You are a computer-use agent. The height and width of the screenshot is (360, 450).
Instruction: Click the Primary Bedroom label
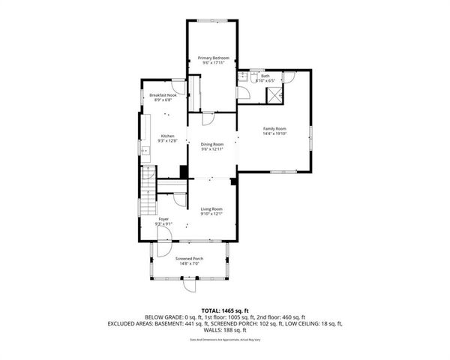213,58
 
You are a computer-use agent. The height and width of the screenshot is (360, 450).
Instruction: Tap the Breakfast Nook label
163,96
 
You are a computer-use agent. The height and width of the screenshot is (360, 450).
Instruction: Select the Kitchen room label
166,136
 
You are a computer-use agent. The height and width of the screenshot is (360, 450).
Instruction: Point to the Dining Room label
212,144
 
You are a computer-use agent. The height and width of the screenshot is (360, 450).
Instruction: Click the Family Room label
274,129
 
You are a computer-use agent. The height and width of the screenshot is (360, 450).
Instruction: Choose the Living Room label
212,209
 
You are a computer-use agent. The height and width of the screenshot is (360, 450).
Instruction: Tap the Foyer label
163,218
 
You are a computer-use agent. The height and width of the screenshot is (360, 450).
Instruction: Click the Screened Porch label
189,259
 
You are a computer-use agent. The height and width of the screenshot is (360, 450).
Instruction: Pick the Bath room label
265,75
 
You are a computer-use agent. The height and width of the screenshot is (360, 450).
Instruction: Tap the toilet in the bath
244,76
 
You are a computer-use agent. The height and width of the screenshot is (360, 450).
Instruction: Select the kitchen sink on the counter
145,151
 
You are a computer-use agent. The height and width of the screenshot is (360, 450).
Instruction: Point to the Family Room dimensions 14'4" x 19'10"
274,134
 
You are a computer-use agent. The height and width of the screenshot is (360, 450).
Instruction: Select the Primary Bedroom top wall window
213,21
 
